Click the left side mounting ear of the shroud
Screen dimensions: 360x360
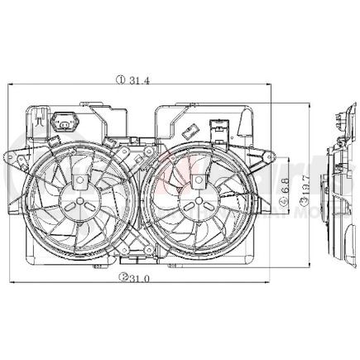pos(14,157)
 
